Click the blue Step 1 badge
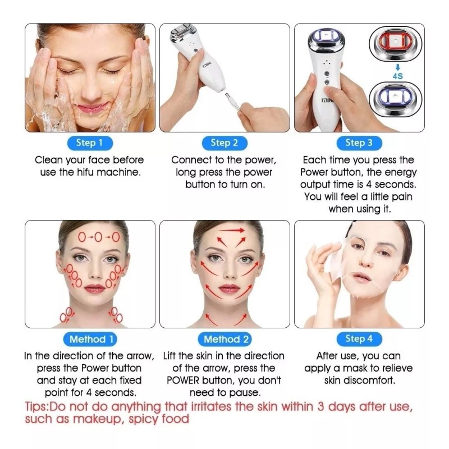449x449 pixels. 90,143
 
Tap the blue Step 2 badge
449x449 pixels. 224,143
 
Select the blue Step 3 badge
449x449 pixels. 359,143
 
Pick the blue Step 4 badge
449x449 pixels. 359,339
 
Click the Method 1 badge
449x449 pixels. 90,340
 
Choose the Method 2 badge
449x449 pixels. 224,340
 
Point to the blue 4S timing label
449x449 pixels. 398,76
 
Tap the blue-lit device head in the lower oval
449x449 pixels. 396,99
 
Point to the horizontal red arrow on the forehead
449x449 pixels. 232,230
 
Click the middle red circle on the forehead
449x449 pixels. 98,237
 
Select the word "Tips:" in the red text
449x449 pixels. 37,407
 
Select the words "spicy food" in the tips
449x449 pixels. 159,419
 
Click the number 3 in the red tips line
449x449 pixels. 320,406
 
